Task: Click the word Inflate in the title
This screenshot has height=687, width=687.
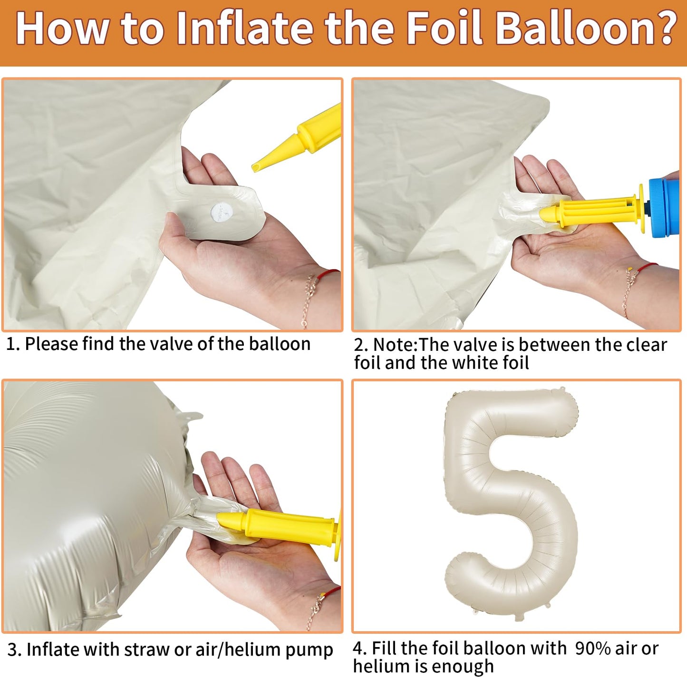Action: [x=244, y=29]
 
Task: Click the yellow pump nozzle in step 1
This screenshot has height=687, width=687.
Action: [x=298, y=138]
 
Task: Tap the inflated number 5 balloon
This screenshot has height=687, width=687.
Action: [x=511, y=505]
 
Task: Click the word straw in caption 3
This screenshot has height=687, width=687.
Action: [x=147, y=650]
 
